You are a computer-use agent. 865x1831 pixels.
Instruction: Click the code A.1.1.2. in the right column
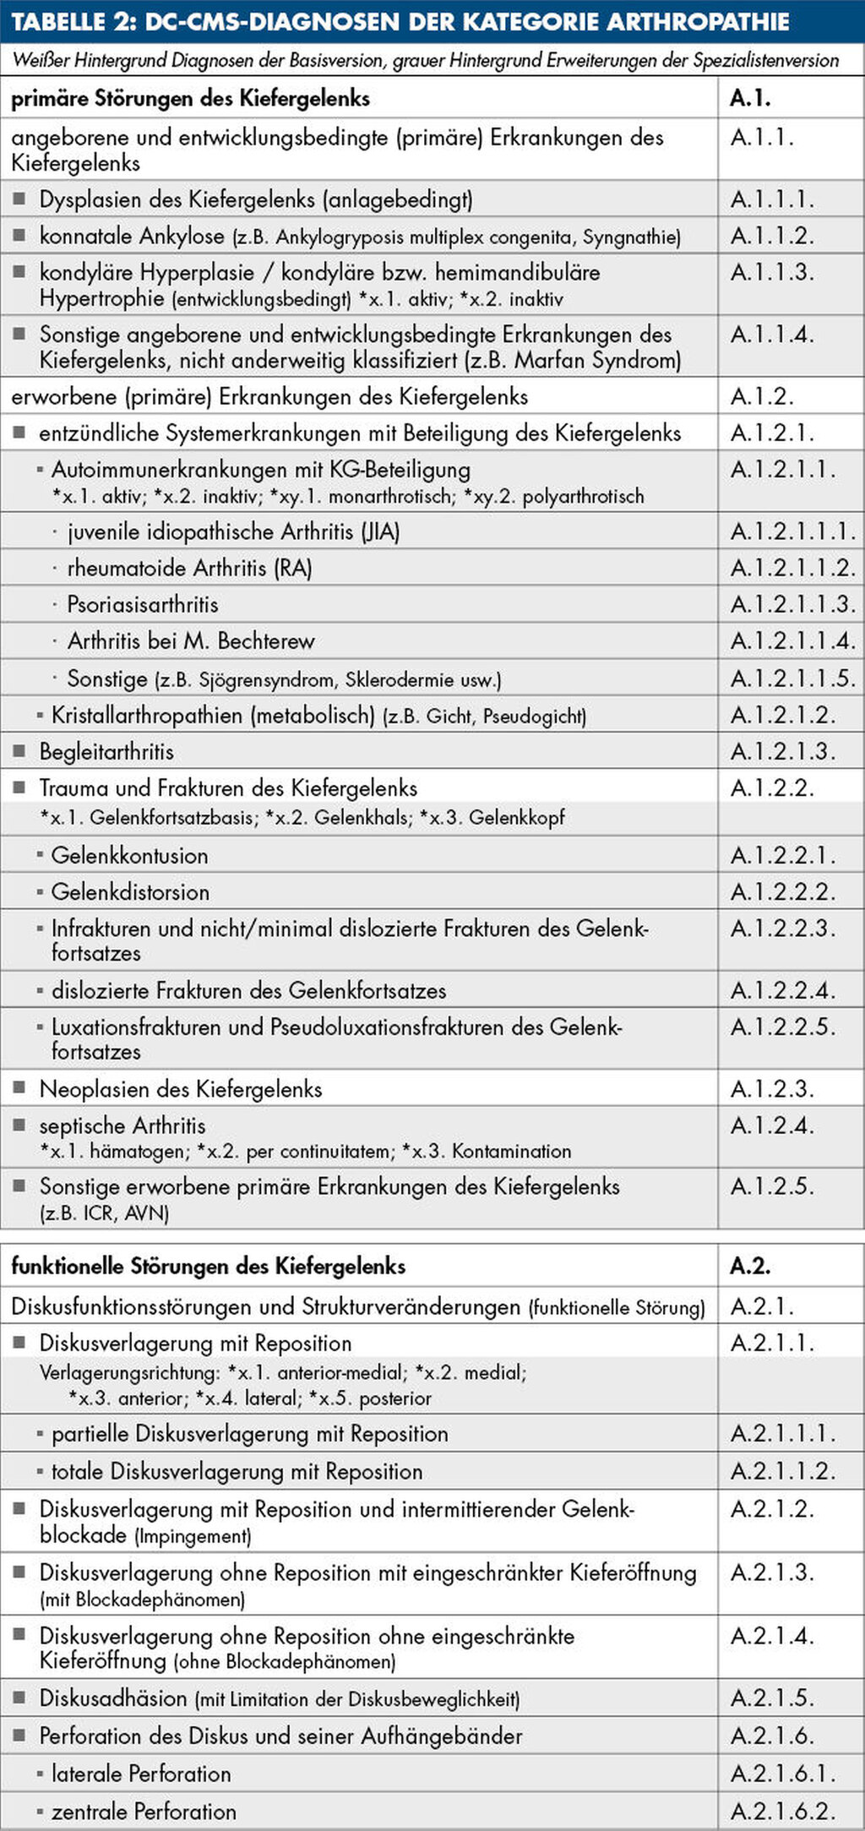(772, 236)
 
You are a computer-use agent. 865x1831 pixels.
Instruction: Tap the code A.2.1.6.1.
(783, 1774)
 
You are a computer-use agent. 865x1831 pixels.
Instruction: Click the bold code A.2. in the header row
(750, 1266)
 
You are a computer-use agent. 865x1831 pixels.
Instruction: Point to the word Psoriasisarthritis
(143, 605)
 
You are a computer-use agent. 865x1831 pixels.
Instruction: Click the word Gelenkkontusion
(129, 855)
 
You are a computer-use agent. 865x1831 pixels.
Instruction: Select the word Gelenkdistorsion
(130, 891)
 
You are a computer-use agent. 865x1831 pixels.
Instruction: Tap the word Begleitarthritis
(106, 751)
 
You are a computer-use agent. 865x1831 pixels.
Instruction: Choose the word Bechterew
(266, 641)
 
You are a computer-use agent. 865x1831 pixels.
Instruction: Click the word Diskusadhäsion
(113, 1697)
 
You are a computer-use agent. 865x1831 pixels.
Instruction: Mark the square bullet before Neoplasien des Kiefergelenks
(19, 1088)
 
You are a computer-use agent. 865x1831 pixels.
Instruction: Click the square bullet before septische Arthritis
(19, 1125)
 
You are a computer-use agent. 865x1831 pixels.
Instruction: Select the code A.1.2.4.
(772, 1125)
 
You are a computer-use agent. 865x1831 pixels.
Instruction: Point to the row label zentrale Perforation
(144, 1812)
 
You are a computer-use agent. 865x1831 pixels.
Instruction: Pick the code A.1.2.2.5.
(783, 1027)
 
